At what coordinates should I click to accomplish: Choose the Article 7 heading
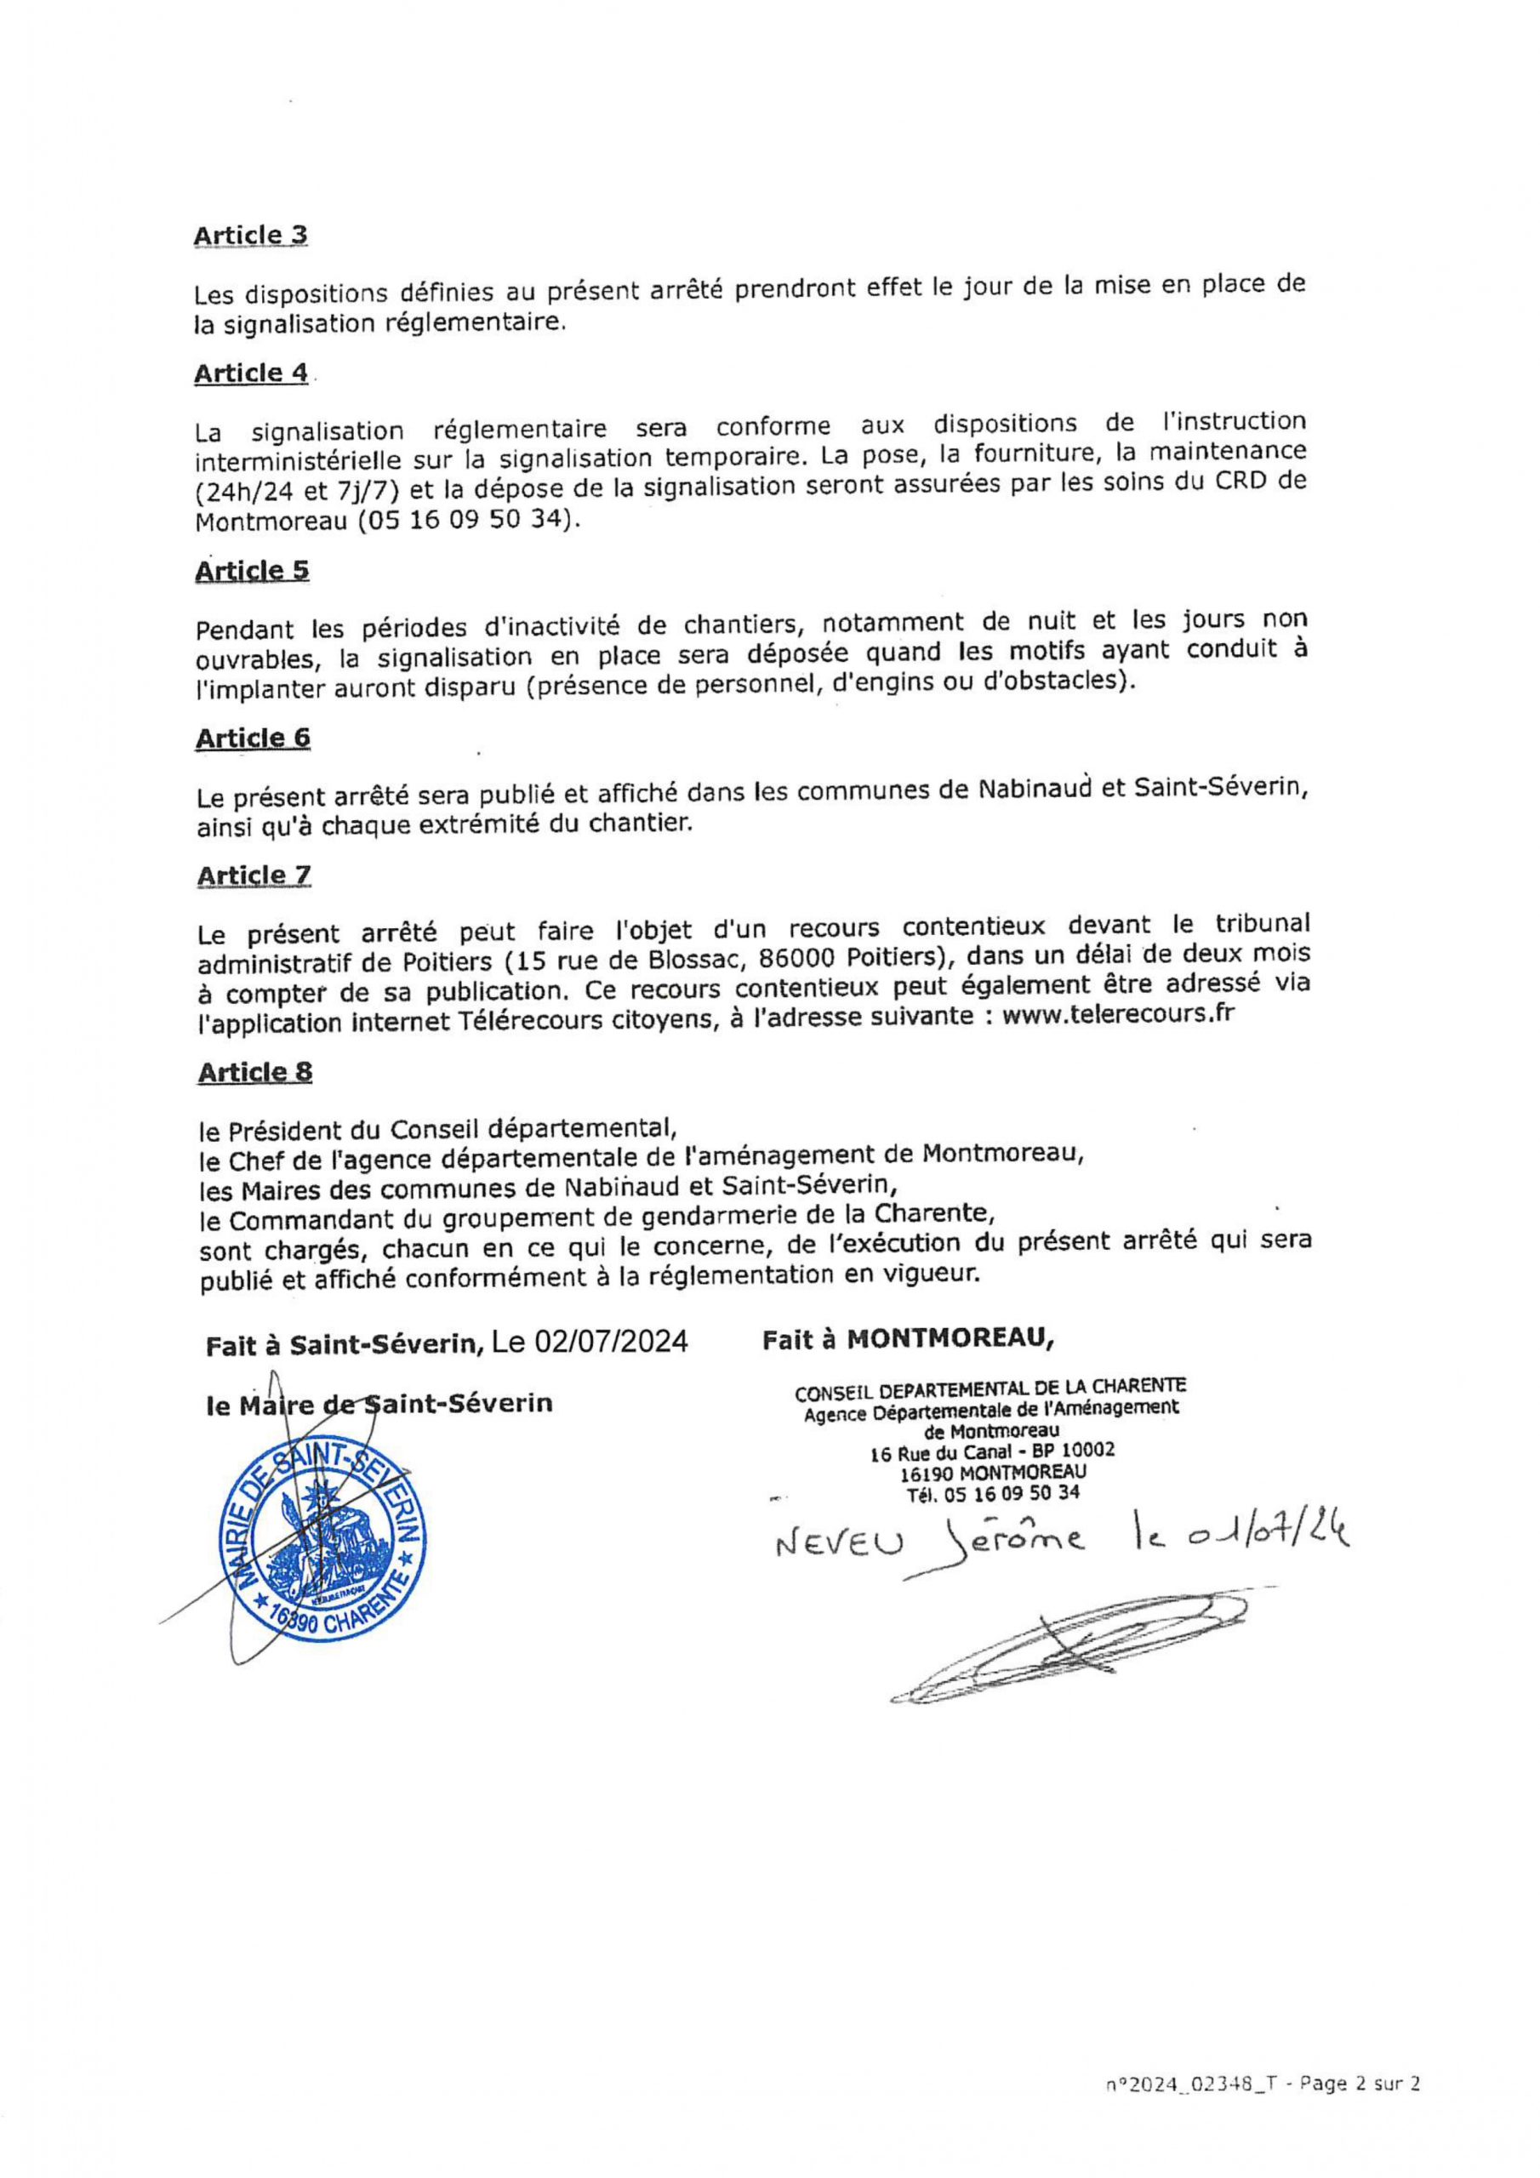coord(254,876)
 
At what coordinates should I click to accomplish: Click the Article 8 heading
coord(255,1072)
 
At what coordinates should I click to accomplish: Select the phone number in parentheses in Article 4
coord(467,522)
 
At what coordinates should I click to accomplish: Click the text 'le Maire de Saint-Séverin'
coord(379,1404)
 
